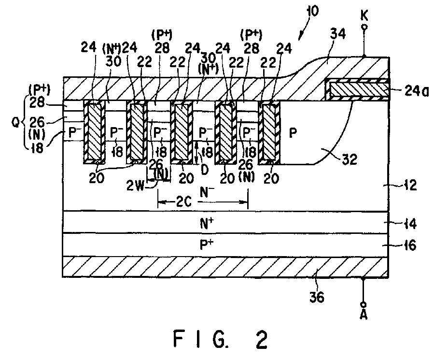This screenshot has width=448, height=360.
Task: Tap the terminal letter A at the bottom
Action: coord(364,316)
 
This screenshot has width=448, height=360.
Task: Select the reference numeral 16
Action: coord(410,246)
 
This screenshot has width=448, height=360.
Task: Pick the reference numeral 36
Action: coord(316,298)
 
